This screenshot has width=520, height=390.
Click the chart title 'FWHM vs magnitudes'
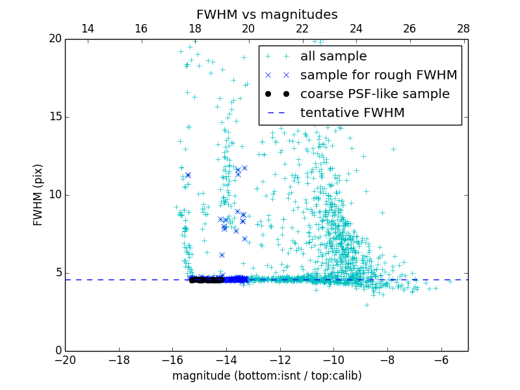266,14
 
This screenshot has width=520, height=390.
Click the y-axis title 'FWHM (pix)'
38,194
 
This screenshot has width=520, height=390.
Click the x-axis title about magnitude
266,376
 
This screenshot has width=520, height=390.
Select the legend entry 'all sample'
333,57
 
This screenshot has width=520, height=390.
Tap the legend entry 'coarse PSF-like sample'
374,94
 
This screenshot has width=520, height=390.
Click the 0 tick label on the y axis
58,351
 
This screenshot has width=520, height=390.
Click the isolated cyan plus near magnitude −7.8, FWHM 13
393,149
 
